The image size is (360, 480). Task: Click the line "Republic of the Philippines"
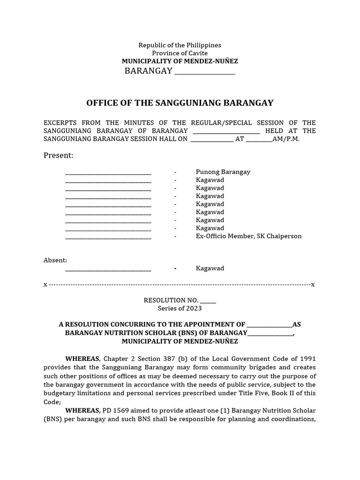coord(180,45)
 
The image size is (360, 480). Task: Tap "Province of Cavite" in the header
coord(180,53)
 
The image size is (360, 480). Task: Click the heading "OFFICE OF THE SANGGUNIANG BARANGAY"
coord(180,103)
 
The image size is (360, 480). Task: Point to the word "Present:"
coord(59,156)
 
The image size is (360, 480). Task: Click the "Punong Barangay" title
coord(223,172)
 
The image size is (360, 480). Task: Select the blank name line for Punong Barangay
coord(108,173)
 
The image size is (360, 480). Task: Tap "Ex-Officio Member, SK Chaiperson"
coord(248,236)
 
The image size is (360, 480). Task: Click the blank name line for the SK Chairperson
coord(108,237)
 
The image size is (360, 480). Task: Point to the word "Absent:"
coord(55,260)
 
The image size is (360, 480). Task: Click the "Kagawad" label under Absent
coord(210,269)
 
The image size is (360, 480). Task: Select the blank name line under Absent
coord(108,270)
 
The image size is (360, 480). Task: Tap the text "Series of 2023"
coord(180,308)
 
